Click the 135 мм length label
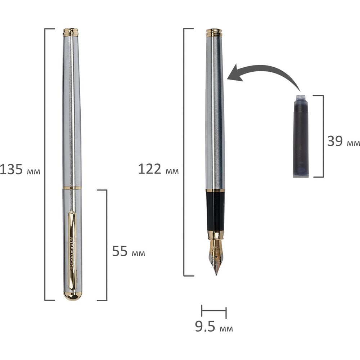tap(20, 170)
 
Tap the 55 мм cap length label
tap(129, 251)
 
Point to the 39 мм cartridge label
tap(343, 141)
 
